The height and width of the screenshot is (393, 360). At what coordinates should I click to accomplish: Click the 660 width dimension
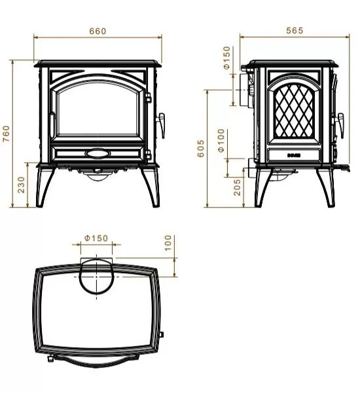point(97,31)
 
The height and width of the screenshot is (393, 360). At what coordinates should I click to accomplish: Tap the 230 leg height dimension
point(21,184)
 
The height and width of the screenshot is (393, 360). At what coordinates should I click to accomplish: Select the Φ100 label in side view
point(221,140)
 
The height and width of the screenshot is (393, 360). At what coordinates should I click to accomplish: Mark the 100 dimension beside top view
point(168,244)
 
